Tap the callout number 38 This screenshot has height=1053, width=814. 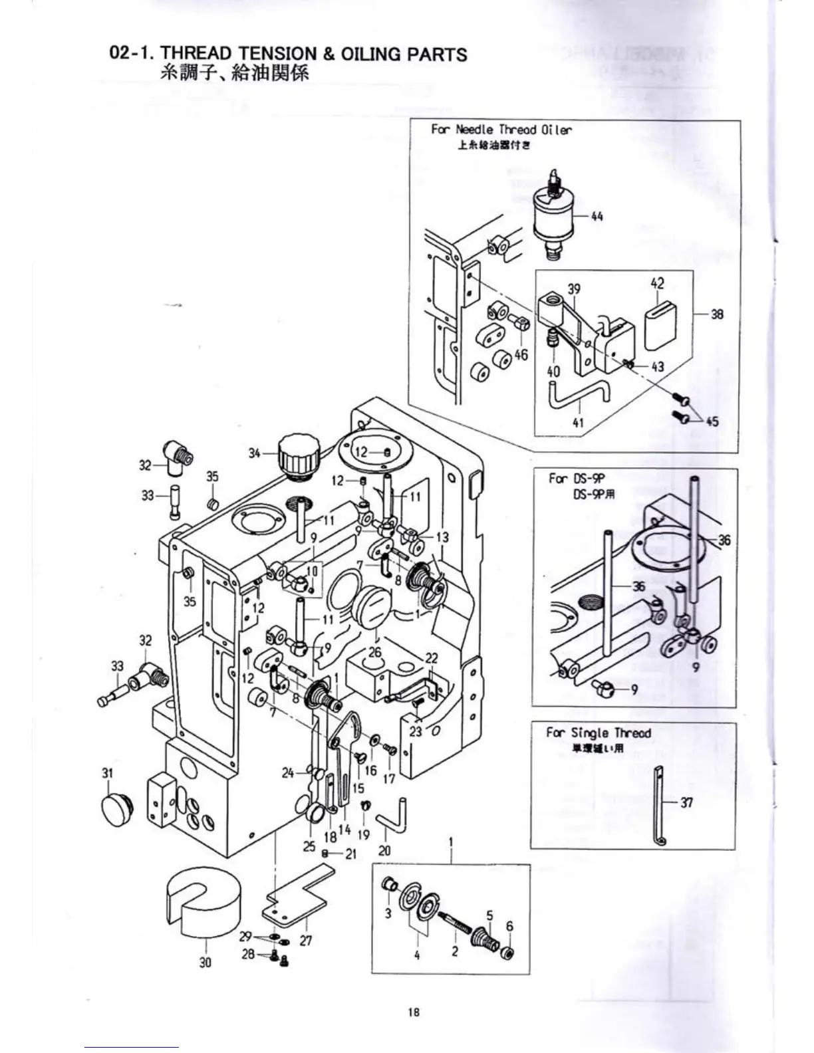pos(716,314)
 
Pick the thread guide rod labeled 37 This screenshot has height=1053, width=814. pos(660,806)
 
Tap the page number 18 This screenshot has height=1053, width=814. pos(414,1012)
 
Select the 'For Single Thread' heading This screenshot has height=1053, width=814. pos(598,733)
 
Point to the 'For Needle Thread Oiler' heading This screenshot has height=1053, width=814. pos(501,130)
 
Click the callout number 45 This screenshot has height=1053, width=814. pos(712,421)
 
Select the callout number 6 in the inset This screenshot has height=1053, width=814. pos(509,926)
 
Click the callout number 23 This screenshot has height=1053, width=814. pos(416,731)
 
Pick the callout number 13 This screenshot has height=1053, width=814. pos(442,537)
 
